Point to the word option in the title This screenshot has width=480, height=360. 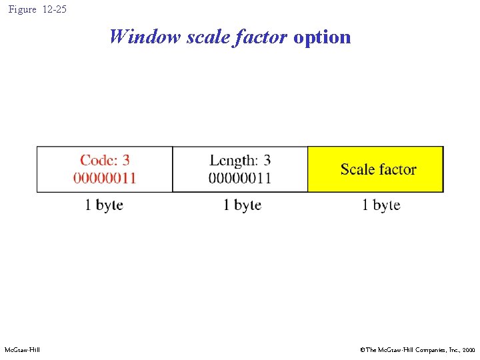point(322,37)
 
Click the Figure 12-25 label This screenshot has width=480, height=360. point(37,9)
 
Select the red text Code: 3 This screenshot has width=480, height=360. point(105,160)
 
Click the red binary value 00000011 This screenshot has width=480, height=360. point(105,177)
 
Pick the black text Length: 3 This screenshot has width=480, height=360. point(240,160)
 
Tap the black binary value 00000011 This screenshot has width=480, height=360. point(240,177)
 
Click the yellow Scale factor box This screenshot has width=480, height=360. point(376,169)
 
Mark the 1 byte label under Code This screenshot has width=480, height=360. point(104,205)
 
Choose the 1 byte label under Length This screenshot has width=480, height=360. point(242,205)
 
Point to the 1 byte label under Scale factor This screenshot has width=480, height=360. point(381,205)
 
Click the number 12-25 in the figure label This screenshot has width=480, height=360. point(54,9)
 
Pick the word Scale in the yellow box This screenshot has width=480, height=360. point(357,169)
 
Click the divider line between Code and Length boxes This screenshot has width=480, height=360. point(172,169)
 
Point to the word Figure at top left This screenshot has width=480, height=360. point(23,9)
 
